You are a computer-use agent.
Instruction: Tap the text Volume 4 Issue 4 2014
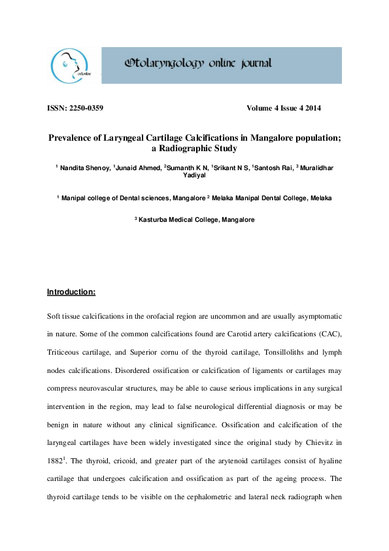click(284, 108)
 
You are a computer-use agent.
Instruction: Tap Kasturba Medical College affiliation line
click(194, 219)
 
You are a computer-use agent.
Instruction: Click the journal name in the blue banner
click(197, 63)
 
